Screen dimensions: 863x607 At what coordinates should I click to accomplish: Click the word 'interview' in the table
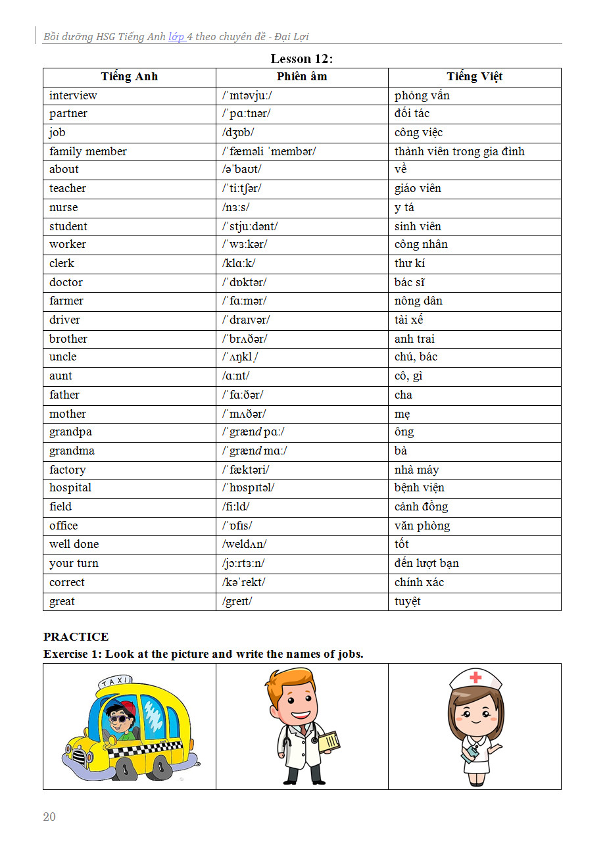coord(73,95)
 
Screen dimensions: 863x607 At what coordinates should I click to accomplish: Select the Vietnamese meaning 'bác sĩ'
coord(410,282)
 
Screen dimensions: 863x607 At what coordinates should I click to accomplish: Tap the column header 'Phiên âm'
coord(302,76)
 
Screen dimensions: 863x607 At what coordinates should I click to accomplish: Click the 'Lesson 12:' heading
coord(302,59)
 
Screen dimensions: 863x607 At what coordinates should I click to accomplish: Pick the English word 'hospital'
coord(70,487)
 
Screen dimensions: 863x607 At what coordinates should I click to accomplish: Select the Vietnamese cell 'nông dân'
coord(418,301)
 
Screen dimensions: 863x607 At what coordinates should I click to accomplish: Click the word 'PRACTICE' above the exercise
coord(76,637)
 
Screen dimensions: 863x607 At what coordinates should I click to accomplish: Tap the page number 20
coord(49,817)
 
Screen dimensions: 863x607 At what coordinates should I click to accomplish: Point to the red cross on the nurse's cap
coord(475,677)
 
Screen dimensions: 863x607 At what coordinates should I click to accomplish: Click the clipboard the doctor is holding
coord(329,742)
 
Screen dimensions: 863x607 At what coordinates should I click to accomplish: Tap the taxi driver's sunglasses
coord(119,718)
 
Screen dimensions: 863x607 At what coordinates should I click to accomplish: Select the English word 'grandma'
coord(72,451)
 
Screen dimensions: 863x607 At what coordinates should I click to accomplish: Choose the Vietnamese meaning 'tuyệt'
coord(408,601)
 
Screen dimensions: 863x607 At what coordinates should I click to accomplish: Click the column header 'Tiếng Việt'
coord(474,76)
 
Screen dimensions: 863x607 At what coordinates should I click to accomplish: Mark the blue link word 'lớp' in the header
coord(176,37)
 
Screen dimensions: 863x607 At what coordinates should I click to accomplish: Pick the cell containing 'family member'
coord(88,151)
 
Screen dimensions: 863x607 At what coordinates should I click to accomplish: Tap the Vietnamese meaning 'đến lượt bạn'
coord(427,563)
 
